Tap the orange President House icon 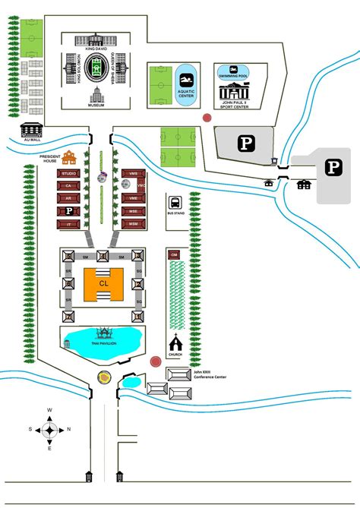[x=69, y=158]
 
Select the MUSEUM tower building [x=96, y=96]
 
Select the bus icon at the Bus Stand [x=175, y=203]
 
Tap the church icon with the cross [x=175, y=342]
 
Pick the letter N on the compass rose [x=69, y=429]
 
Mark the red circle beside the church [x=155, y=362]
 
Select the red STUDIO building [x=68, y=174]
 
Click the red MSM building [x=134, y=224]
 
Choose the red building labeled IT [x=68, y=224]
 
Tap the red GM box [x=174, y=254]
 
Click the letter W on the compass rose [x=49, y=410]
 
